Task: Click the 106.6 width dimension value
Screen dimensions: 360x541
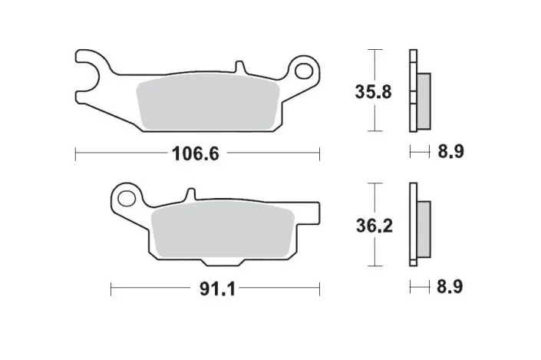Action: (197, 154)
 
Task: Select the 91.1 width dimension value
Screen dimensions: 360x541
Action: (215, 290)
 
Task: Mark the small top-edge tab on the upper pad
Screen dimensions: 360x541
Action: (240, 68)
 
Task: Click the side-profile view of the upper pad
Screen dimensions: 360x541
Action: (419, 92)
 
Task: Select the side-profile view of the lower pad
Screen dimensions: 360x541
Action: (419, 226)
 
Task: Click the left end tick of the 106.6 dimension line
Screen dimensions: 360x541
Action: (75, 154)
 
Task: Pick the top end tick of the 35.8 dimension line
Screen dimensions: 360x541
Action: (373, 51)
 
